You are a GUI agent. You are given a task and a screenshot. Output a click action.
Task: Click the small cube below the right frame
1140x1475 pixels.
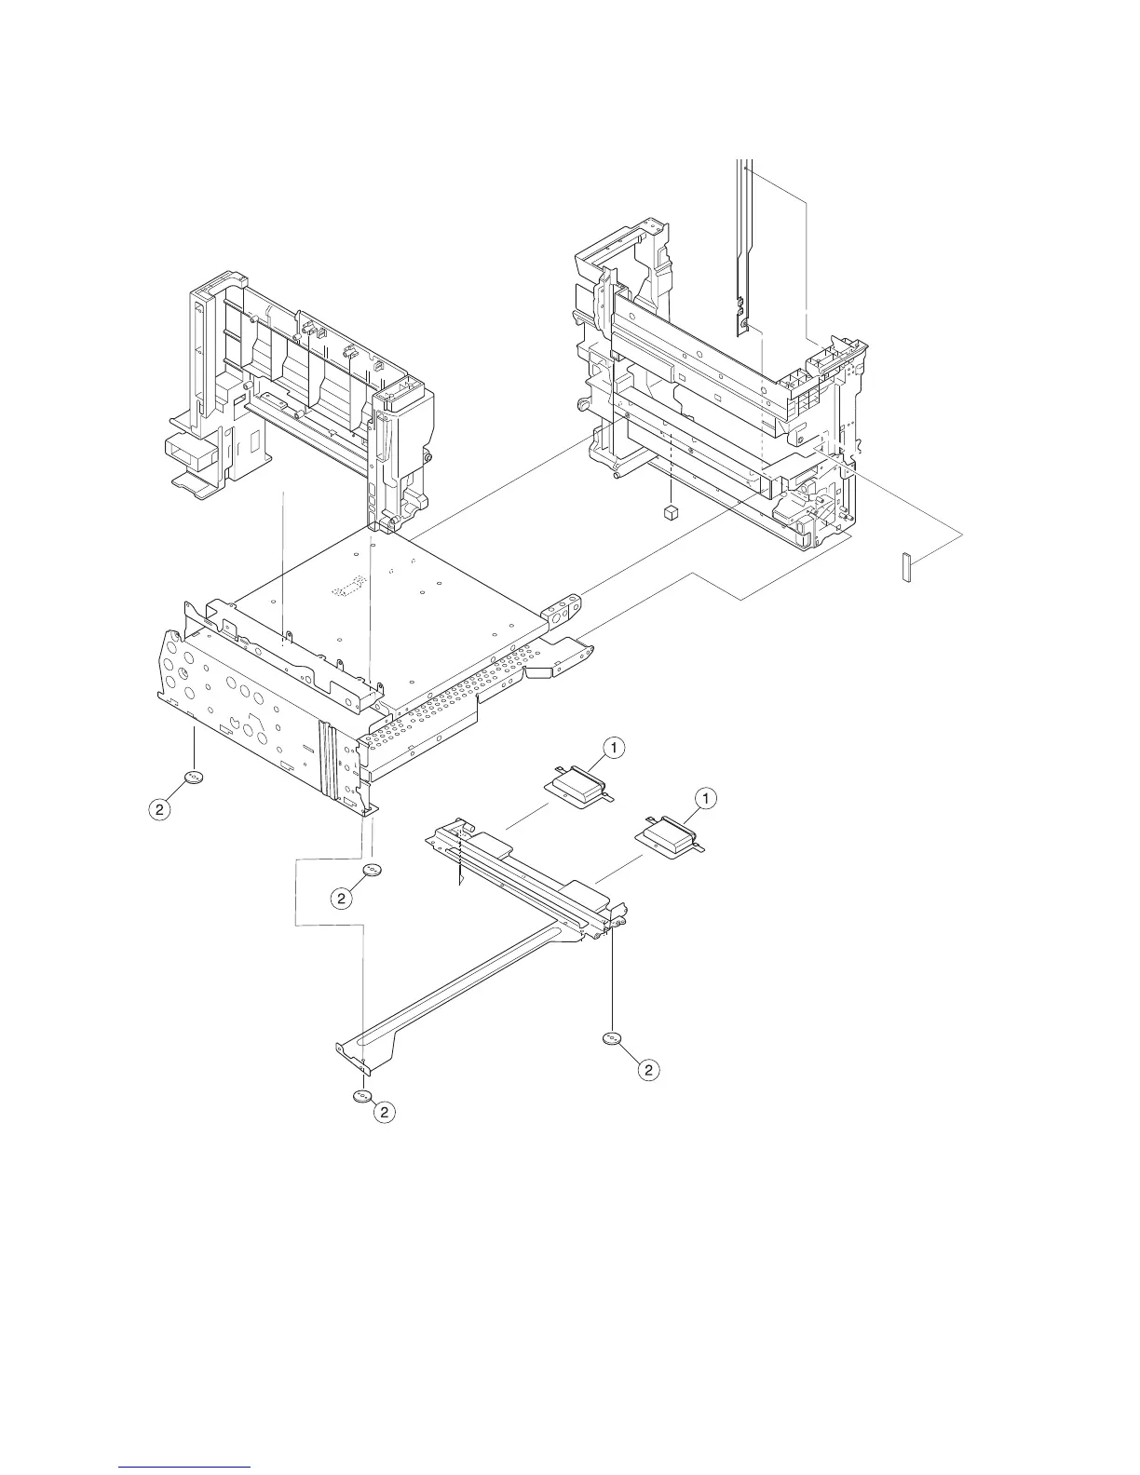669,512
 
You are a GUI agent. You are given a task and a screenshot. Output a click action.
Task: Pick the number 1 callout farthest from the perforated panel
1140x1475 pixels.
707,798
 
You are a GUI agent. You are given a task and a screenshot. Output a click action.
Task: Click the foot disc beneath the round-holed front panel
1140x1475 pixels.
194,778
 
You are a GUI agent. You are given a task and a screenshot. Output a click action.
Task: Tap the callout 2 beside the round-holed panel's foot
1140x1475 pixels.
160,810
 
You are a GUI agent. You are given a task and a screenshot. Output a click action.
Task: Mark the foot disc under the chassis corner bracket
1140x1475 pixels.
372,870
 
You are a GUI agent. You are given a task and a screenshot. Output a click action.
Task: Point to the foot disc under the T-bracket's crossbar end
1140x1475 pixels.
611,1039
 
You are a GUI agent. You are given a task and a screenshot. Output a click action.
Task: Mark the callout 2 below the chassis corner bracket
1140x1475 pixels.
343,898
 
